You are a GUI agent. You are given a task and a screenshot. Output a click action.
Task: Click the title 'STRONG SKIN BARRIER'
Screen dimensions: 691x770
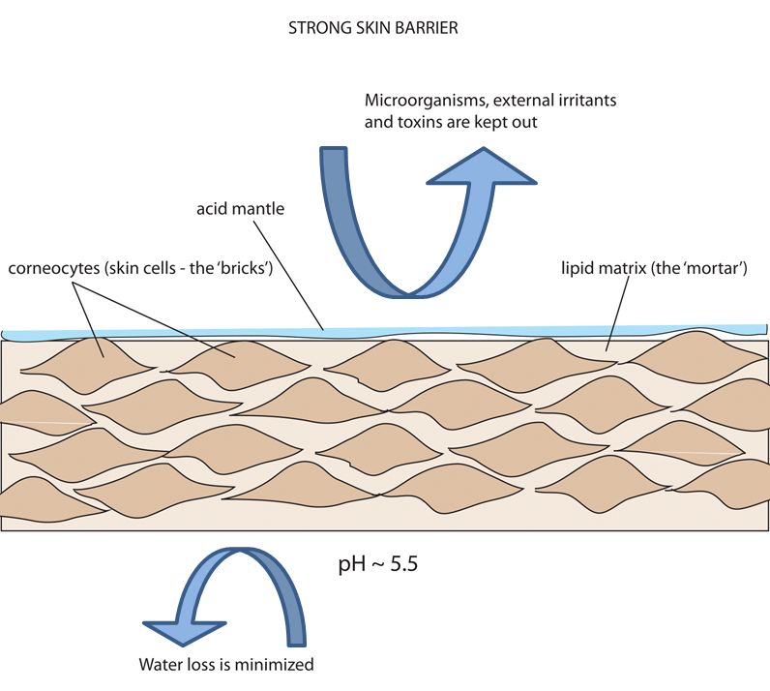pos(372,29)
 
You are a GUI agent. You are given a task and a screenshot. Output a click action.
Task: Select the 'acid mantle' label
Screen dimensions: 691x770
pos(240,208)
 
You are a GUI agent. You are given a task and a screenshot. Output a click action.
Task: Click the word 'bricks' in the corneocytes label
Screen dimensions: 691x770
pos(245,265)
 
